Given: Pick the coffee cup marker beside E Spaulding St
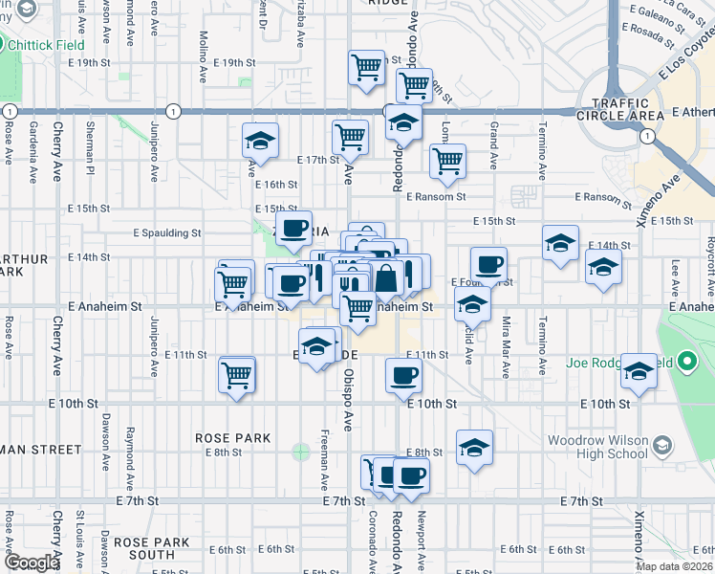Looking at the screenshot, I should (x=293, y=230).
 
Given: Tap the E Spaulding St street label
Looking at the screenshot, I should (x=167, y=232).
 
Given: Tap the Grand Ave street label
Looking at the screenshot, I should (x=494, y=141).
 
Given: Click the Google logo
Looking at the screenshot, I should (x=32, y=563).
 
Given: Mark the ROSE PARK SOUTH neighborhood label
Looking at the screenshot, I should (x=151, y=548).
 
